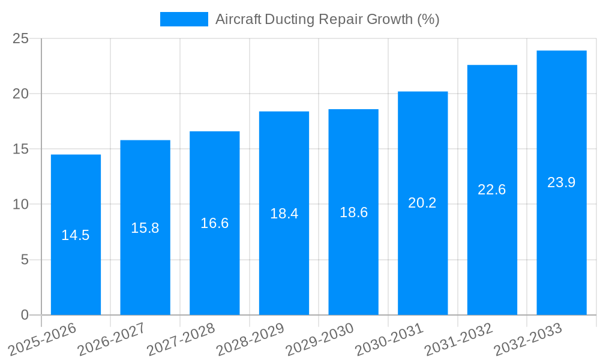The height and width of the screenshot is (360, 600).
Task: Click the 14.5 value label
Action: (76, 235)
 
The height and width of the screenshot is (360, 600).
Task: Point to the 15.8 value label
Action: (145, 228)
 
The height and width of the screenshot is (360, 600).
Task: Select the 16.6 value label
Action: (215, 223)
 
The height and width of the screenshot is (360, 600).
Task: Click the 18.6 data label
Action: (353, 212)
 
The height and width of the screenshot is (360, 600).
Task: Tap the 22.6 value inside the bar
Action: (492, 190)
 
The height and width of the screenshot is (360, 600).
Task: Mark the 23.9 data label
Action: (562, 182)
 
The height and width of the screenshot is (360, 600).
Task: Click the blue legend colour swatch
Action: (184, 19)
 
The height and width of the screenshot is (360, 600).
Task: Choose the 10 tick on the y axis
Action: (21, 205)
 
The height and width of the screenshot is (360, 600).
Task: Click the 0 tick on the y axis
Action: (25, 315)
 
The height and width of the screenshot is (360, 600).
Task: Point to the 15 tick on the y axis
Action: (21, 149)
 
